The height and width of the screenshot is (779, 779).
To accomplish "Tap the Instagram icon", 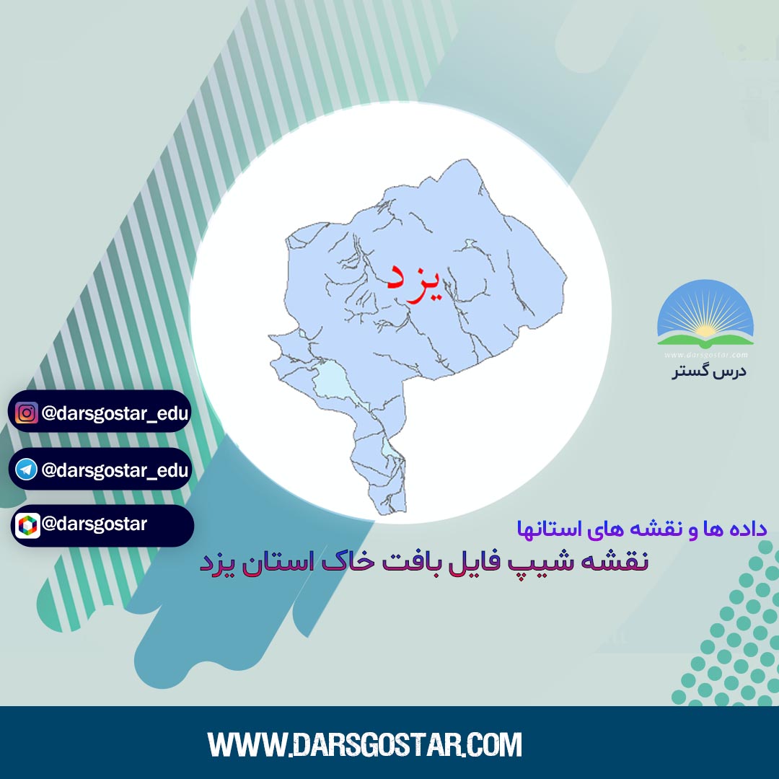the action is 27,413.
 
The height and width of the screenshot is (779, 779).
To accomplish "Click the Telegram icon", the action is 27,470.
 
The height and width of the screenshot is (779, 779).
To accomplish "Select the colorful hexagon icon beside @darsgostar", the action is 28,526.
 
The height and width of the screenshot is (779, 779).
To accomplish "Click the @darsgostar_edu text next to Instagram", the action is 115,413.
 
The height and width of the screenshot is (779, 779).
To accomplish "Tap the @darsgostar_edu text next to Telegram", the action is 115,470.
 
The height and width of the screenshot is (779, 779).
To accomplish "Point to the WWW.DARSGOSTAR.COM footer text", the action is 365,744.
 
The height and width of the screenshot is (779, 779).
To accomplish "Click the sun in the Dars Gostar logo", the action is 705,330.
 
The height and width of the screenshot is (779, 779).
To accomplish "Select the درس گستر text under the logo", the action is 710,371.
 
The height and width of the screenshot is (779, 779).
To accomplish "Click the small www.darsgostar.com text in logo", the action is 706,355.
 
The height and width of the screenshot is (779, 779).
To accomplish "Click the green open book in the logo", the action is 705,340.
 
